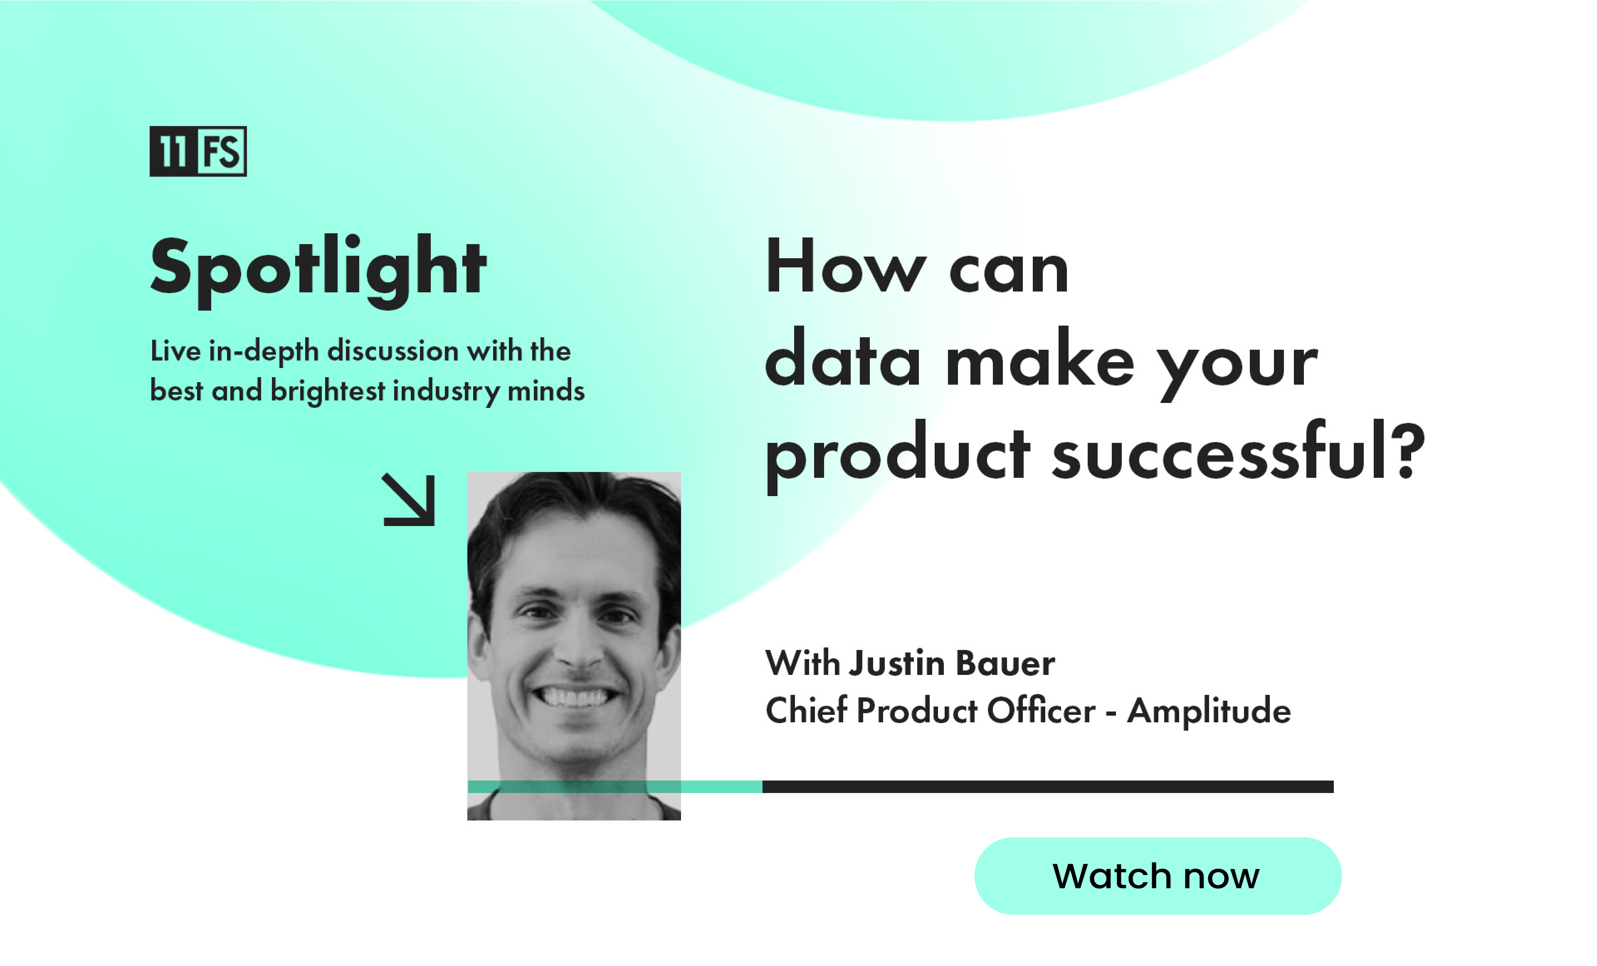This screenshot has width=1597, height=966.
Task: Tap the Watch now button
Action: point(1158,876)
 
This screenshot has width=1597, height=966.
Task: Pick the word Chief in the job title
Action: point(806,709)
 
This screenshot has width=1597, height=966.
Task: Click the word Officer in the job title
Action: point(1042,709)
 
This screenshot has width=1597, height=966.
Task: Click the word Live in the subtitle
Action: point(175,351)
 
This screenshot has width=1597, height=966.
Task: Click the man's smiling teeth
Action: point(574,697)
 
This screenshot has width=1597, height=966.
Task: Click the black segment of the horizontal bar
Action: point(1048,786)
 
